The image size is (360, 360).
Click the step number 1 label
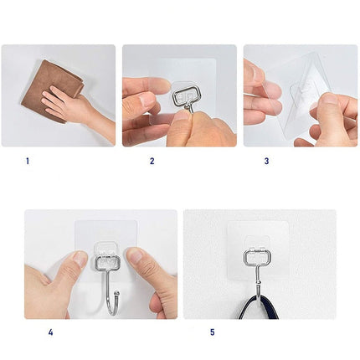point(27,161)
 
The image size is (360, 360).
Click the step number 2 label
point(152,161)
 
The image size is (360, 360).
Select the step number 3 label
point(266,161)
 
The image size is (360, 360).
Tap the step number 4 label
point(50,332)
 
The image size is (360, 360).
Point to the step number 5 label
point(212,332)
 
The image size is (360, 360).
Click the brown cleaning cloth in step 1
point(52,87)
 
